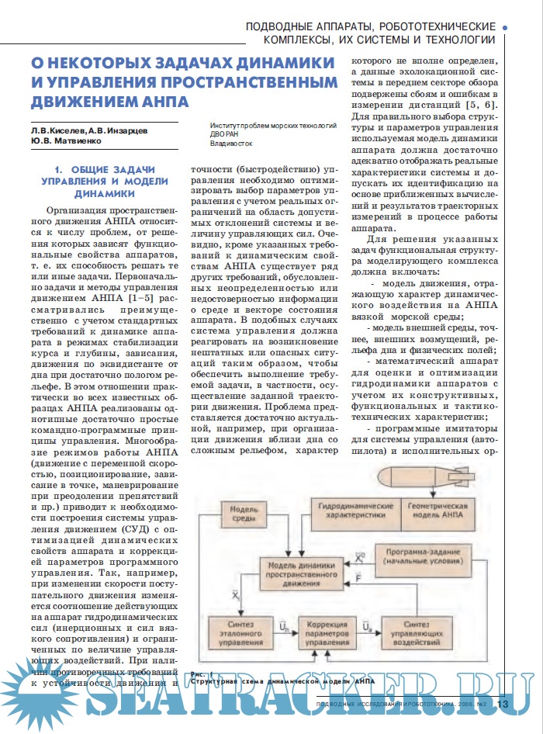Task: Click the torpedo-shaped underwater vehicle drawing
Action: [438, 473]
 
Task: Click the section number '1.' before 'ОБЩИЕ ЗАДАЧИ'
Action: [57, 169]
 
